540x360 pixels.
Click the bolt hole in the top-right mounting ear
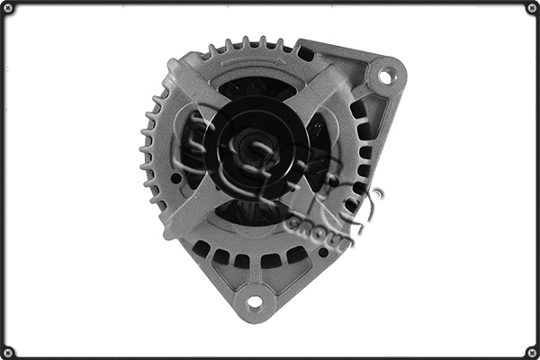385,76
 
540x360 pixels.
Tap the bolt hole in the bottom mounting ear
255,301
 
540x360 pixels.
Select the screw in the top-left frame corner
9,8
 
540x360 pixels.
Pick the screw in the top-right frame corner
531,8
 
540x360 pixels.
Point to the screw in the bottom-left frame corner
9,351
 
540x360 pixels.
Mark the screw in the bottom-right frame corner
531,351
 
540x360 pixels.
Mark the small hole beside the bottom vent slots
322,253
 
